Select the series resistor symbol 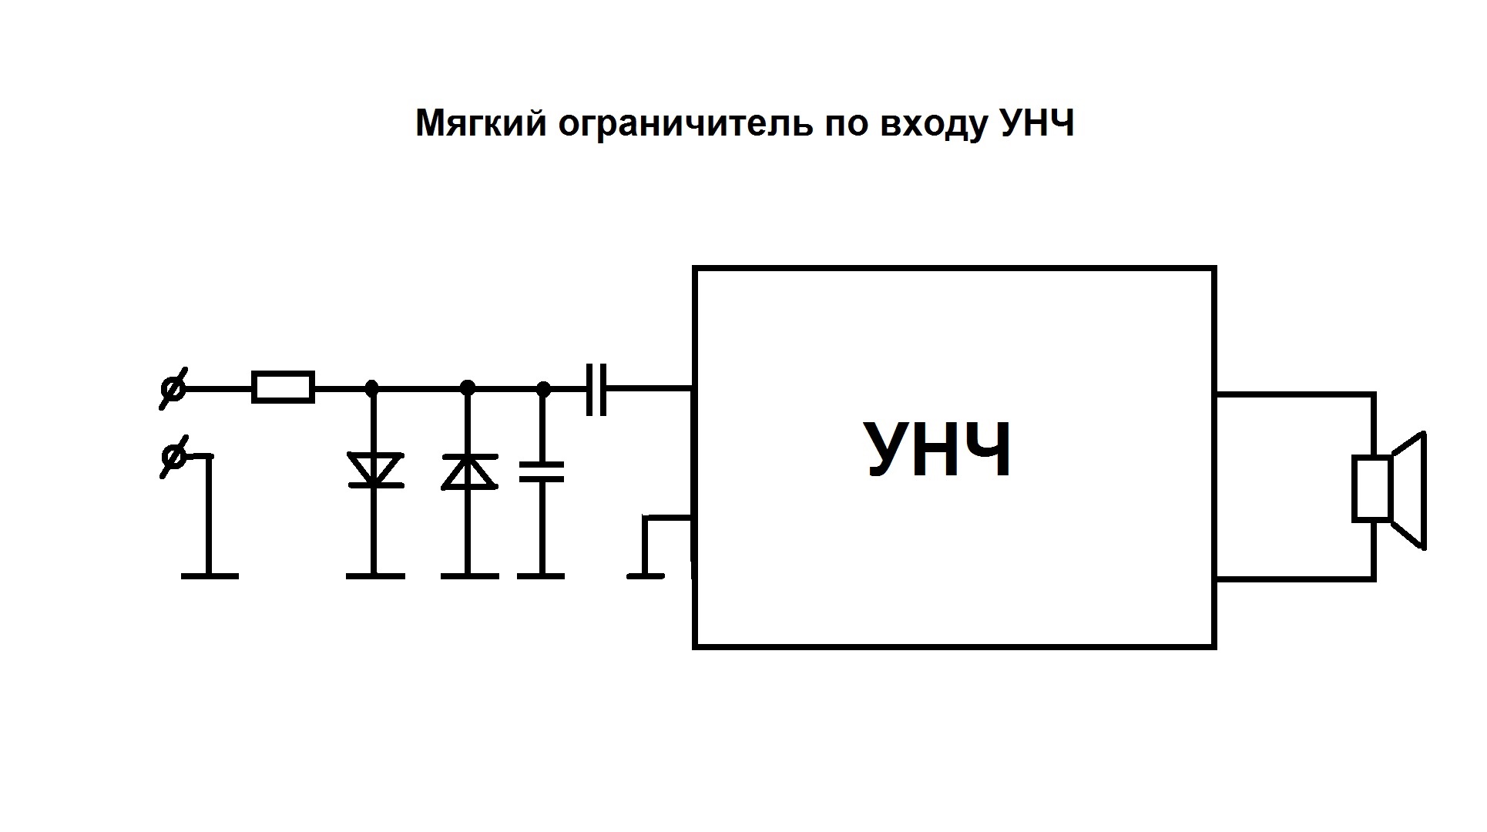point(283,387)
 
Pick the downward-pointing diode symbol point(374,470)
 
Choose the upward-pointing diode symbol point(468,471)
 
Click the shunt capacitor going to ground point(542,471)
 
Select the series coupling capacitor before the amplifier point(596,389)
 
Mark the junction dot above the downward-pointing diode point(372,387)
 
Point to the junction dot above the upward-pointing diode point(467,387)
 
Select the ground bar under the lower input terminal point(210,575)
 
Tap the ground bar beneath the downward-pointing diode point(374,575)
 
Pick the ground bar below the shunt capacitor point(541,575)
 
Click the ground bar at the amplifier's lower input point(646,575)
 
